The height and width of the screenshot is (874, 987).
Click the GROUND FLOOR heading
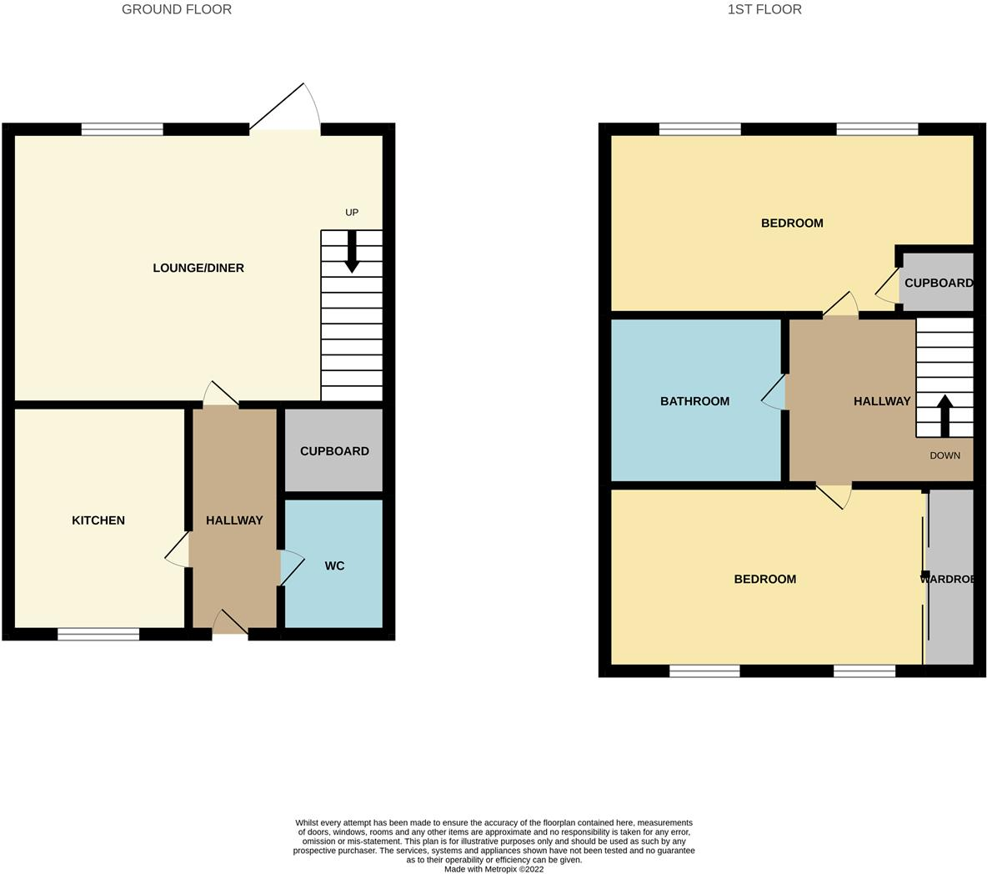(x=177, y=10)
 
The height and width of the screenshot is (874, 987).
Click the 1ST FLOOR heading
(x=764, y=10)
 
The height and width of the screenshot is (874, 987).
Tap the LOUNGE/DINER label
(x=198, y=268)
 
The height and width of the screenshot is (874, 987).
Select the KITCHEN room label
(x=98, y=520)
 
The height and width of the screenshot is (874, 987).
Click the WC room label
(x=334, y=566)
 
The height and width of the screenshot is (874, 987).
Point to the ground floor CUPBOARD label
(x=334, y=451)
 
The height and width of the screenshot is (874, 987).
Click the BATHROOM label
(x=694, y=401)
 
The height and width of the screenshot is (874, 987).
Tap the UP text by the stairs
(x=352, y=213)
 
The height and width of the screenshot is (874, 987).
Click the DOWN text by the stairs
(x=944, y=455)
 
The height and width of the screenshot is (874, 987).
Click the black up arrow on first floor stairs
(x=944, y=415)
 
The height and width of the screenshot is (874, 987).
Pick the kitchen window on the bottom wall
(x=98, y=635)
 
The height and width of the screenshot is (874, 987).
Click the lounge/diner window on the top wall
(x=123, y=129)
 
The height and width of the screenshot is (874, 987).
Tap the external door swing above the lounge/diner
(x=288, y=109)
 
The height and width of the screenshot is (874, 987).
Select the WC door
(x=291, y=568)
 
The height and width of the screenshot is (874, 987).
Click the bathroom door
(x=774, y=392)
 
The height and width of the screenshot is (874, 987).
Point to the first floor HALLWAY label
(x=881, y=401)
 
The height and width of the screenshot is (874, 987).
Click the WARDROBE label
(x=948, y=579)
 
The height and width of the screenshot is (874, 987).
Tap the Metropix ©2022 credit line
(x=493, y=869)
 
